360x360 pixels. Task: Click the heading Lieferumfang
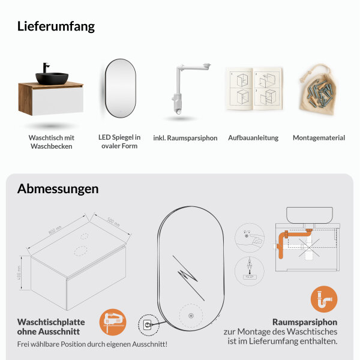pyautogui.click(x=56, y=26)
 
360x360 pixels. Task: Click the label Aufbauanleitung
pyautogui.click(x=253, y=138)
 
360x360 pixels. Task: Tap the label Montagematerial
pyautogui.click(x=319, y=138)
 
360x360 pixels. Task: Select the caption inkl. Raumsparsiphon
pyautogui.click(x=185, y=138)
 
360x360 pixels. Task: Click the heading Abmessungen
pyautogui.click(x=58, y=188)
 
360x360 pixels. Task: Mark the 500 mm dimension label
pyautogui.click(x=113, y=221)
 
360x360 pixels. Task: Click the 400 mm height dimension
pyautogui.click(x=19, y=273)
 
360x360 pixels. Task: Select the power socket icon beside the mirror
pyautogui.click(x=148, y=325)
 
